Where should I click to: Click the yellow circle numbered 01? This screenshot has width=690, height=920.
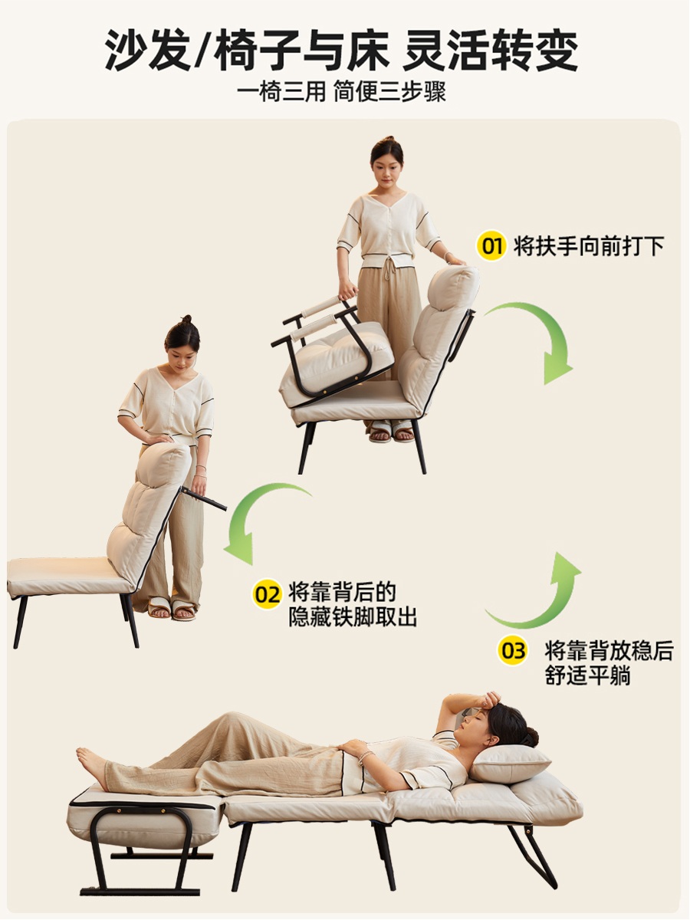click(491, 246)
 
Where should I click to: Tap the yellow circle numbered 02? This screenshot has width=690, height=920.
click(267, 594)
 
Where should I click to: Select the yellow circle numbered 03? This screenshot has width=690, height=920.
click(513, 651)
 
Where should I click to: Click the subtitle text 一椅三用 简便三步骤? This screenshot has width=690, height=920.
click(341, 92)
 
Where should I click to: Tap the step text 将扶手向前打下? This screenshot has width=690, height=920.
click(589, 246)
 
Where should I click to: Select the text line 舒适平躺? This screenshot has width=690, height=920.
click(588, 675)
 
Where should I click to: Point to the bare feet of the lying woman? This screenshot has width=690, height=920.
click(92, 764)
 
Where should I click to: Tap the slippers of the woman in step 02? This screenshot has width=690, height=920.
click(172, 610)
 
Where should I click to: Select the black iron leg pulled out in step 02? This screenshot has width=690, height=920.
click(203, 499)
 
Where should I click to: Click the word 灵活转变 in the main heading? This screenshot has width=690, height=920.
click(491, 50)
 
